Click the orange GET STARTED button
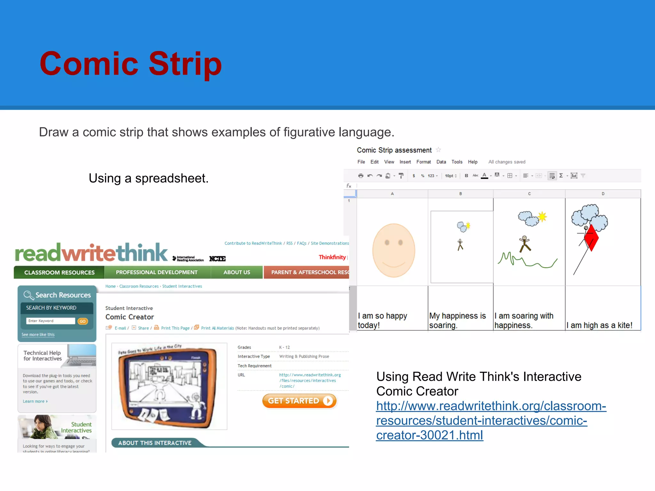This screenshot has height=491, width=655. pos(299,401)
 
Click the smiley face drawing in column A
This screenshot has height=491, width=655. pos(394,250)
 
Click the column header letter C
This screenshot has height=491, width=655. pos(529,194)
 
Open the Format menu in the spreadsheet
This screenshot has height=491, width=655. pos(423,162)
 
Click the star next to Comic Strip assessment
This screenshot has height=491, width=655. pos(438,150)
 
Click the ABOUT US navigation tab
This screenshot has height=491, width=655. pos(237,272)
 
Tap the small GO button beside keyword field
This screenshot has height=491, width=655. pos(83,321)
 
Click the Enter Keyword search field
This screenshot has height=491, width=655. pos(51,321)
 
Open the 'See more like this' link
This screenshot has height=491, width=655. pos(38,335)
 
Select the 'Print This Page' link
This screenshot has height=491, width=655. pos(175,328)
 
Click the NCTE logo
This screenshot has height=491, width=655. pos(217,259)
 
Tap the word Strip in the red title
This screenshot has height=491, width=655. pos(185,64)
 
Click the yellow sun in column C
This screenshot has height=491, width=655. pos(542,217)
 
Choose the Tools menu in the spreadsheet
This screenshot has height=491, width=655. pos(457,162)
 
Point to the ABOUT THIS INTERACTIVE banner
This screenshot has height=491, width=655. pos(155,443)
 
